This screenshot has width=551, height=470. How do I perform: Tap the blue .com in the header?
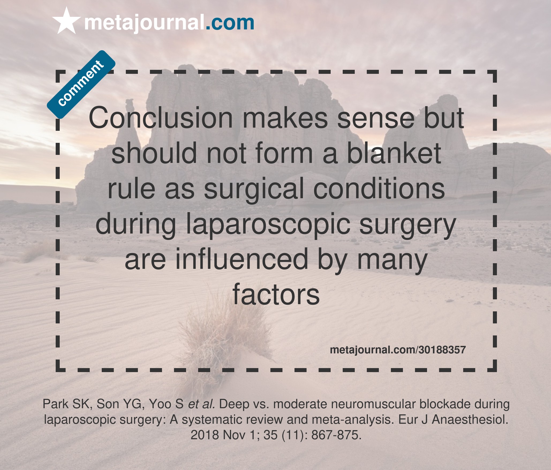(230, 23)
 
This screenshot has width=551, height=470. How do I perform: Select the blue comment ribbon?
(81, 84)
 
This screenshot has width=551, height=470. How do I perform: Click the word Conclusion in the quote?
(161, 118)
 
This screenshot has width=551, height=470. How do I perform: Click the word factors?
(276, 295)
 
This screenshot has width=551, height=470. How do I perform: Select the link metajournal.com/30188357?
(398, 350)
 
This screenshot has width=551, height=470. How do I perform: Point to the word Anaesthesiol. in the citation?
(470, 420)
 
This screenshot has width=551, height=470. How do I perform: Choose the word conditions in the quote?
(379, 189)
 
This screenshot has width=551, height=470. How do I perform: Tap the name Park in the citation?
(55, 404)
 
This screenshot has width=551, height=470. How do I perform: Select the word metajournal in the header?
(144, 23)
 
